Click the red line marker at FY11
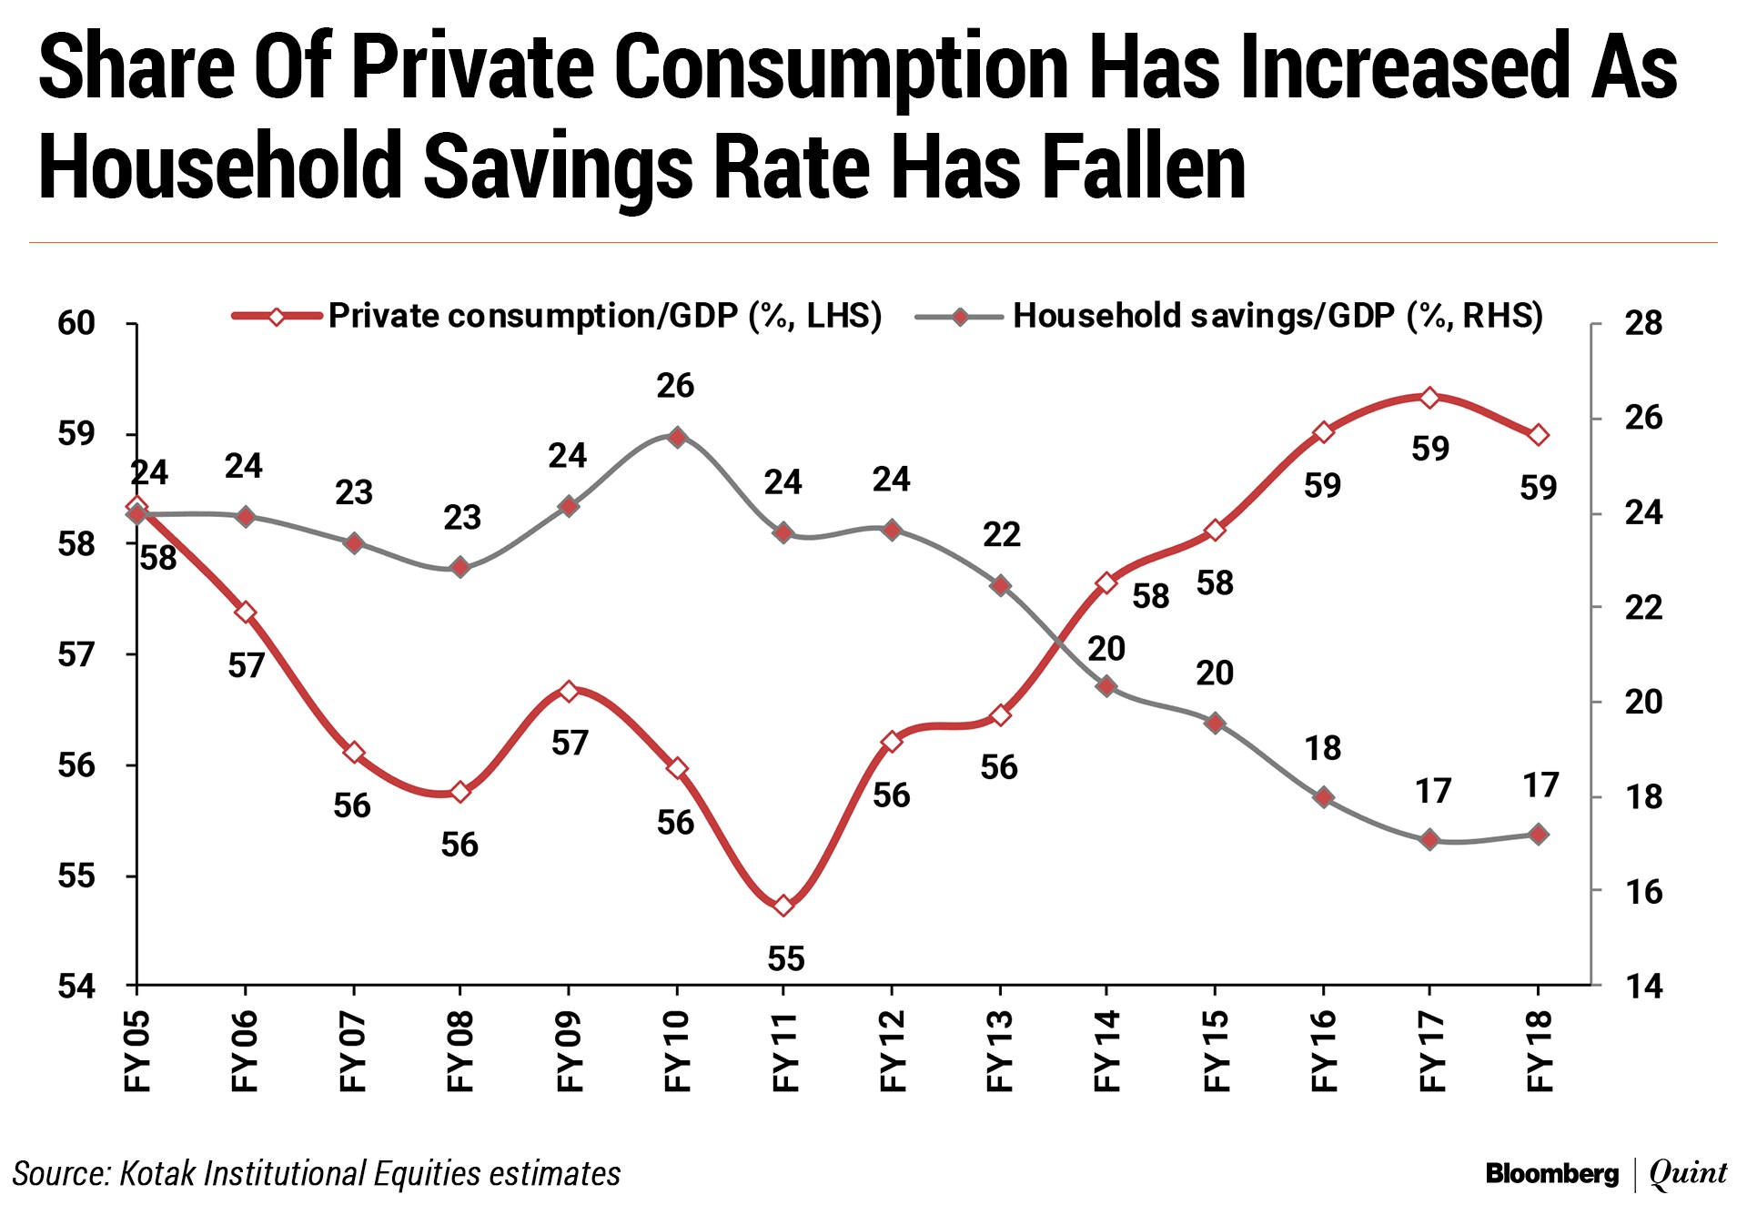pos(784,906)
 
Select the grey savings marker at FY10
pos(676,437)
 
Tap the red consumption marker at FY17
pos(1429,398)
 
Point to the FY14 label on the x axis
pos(1107,1050)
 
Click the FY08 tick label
pos(460,1050)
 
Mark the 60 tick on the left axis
pos(76,323)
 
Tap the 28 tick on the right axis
pos(1643,323)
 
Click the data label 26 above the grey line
pos(675,386)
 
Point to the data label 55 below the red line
pos(786,958)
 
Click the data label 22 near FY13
pos(1001,534)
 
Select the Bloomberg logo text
pos(1551,1174)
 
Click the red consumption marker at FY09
pos(569,692)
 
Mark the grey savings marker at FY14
pos(1106,686)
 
